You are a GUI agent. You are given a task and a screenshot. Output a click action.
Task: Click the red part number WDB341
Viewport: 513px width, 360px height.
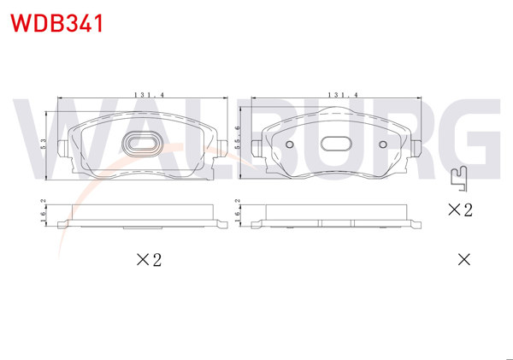[x=56, y=23]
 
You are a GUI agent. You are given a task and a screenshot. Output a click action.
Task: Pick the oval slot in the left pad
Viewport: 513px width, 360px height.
[x=141, y=145]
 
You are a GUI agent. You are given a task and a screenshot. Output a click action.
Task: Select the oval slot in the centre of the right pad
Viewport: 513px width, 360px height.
[x=338, y=145]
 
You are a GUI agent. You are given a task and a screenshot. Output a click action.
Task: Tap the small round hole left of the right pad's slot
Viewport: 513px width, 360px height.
[x=289, y=144]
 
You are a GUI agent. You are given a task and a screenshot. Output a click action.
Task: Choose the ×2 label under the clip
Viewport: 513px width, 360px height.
[x=460, y=210]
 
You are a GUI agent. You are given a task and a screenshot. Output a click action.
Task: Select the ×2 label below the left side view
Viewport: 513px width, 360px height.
[x=149, y=260]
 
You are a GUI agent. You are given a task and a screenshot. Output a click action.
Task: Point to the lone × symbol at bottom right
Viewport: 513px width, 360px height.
[x=463, y=259]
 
